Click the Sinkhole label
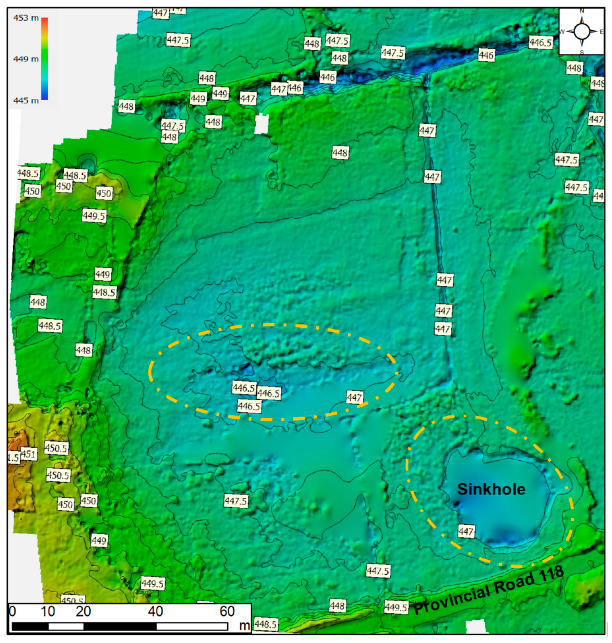pos(491,489)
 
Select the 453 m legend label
pos(26,18)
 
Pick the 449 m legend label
pos(26,59)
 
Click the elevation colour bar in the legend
pos(45,59)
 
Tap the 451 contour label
pos(28,454)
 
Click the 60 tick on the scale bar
pos(227,611)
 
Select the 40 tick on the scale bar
pos(155,611)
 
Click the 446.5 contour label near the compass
pos(541,43)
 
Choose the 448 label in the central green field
pos(340,152)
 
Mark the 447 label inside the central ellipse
pos(354,397)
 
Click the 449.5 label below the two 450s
pos(94,216)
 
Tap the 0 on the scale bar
pos(13,611)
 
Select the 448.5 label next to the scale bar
pos(266,624)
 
